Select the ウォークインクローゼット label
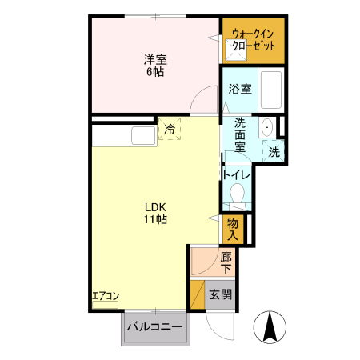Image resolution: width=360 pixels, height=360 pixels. tap(253, 40)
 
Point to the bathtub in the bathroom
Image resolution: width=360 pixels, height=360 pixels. tap(272, 90)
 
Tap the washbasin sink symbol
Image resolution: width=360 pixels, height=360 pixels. tap(266, 127)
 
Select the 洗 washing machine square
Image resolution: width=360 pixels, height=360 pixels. tap(274, 150)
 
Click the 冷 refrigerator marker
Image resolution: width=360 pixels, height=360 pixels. tap(170, 128)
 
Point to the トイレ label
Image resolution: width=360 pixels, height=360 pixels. tap(237, 174)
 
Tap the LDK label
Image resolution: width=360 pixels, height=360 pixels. tap(154, 206)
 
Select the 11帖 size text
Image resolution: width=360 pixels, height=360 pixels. tap(154, 219)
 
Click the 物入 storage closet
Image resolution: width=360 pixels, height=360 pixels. tap(232, 228)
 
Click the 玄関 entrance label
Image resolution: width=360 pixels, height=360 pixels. tap(220, 294)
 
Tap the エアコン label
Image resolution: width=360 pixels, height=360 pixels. tap(106, 296)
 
